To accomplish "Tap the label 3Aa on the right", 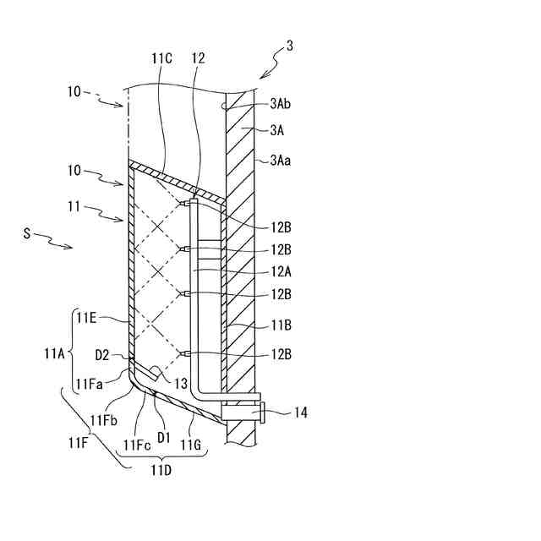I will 283,159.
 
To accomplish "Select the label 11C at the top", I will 162,57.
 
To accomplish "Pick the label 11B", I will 283,324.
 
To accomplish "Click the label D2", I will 103,354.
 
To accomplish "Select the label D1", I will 164,437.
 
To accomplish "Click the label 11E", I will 90,317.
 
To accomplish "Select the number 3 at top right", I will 290,46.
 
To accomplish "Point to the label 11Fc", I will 135,445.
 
